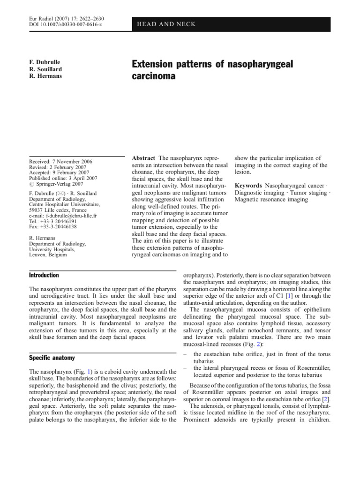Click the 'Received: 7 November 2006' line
(61, 162)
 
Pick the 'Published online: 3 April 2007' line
(63, 179)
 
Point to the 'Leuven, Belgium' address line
(47, 255)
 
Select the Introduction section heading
(44, 275)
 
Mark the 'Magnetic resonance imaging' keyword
(271, 199)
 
